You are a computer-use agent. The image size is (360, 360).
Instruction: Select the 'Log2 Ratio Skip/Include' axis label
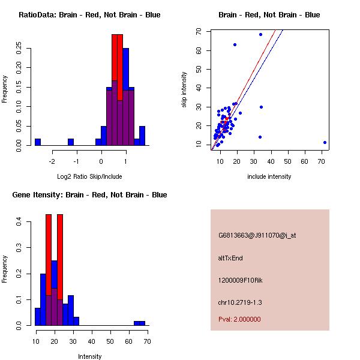[89, 176]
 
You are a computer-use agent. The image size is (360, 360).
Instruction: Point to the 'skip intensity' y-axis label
[185, 90]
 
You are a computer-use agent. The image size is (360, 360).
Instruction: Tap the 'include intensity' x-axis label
[269, 176]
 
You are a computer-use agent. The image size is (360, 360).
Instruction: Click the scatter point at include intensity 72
[325, 142]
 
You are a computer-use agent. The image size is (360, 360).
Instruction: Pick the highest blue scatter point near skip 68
[260, 34]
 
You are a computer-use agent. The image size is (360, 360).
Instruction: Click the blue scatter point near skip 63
[235, 44]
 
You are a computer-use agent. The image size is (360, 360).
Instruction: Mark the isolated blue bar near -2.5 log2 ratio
[38, 142]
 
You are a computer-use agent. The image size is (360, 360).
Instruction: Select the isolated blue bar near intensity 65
[139, 323]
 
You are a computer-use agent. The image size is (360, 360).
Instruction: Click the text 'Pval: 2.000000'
[239, 319]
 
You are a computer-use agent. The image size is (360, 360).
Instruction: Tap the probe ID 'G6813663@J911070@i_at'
[257, 235]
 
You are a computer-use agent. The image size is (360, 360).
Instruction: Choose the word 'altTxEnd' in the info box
[230, 258]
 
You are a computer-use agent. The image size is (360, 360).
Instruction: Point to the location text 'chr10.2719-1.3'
[240, 302]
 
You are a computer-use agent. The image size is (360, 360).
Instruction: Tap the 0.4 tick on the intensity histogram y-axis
[19, 222]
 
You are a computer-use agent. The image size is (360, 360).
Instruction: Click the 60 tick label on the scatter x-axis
[304, 161]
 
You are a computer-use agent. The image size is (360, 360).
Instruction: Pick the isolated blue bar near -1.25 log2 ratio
[71, 142]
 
